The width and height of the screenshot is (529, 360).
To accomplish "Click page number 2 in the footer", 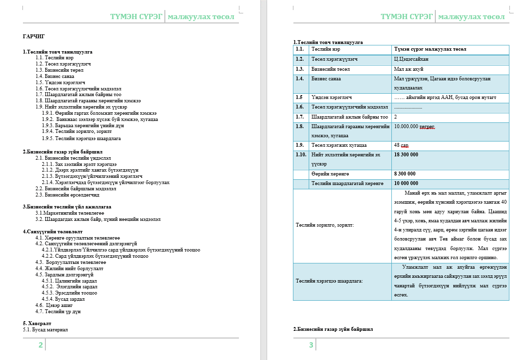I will (x=41, y=345).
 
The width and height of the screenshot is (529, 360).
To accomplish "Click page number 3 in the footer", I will (x=311, y=345).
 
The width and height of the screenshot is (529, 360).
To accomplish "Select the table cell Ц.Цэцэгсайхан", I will (x=411, y=59).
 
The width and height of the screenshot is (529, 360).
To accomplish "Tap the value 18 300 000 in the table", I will (x=406, y=154).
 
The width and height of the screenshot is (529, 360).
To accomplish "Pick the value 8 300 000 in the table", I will (x=404, y=174).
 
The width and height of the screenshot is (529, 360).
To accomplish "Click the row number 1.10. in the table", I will (x=301, y=154).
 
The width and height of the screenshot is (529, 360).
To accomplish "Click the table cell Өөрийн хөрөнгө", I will (x=330, y=174).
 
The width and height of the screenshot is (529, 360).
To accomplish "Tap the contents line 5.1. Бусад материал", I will (x=45, y=329).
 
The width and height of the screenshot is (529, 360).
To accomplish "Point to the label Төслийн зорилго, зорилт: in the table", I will (x=324, y=225).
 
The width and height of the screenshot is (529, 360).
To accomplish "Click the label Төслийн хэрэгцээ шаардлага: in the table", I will (x=329, y=281).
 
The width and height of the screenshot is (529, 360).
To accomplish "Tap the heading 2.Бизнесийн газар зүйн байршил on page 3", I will (x=333, y=329).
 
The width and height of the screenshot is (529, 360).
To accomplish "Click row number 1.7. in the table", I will (x=300, y=117).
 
